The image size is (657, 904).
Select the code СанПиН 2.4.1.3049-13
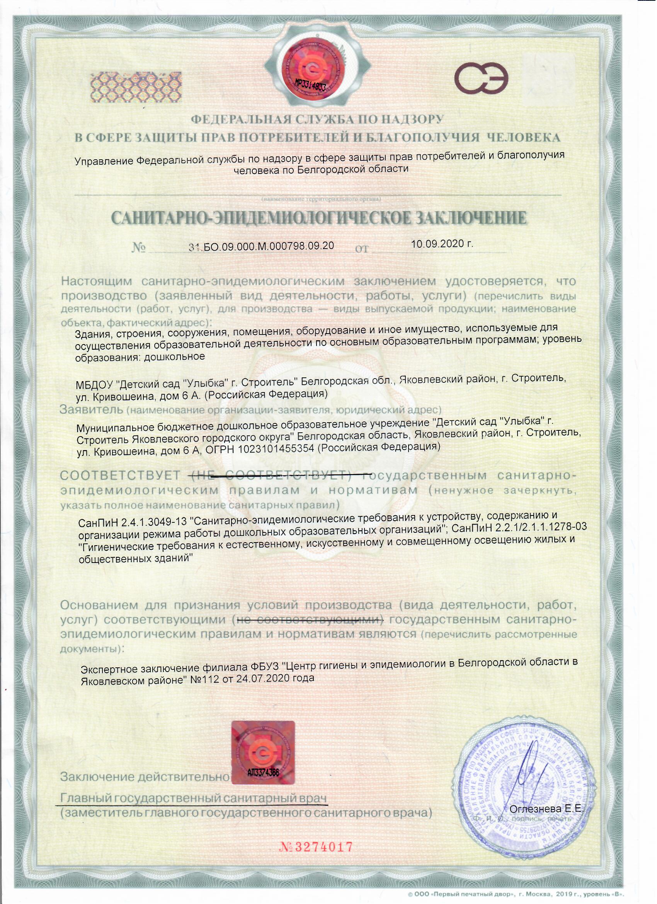(x=134, y=522)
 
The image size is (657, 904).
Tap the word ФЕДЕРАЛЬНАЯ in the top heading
(x=242, y=119)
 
